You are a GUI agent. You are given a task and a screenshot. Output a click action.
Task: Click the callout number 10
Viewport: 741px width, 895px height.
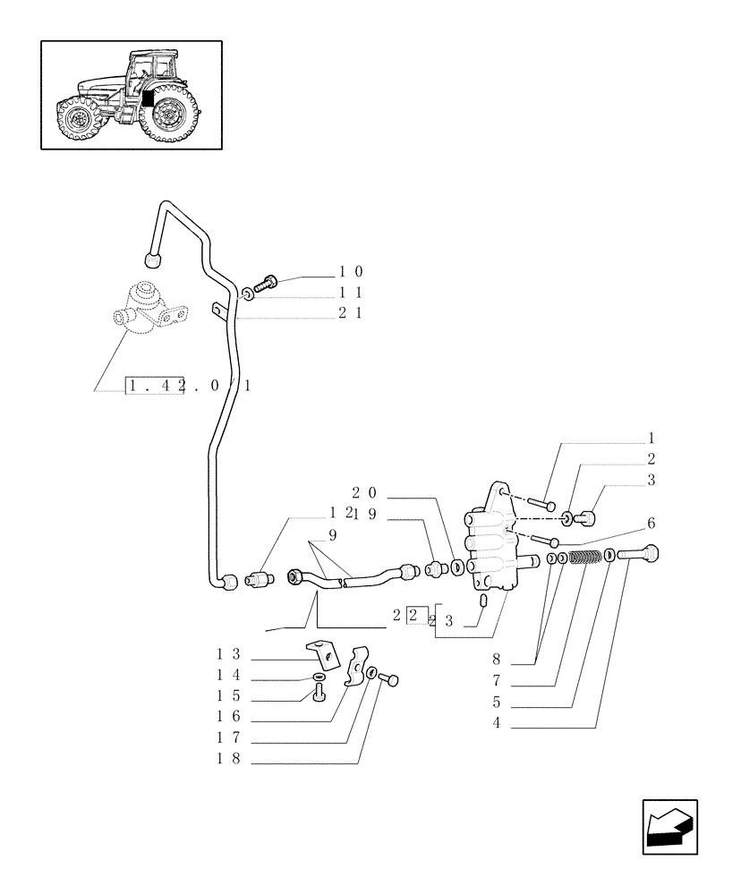click(350, 271)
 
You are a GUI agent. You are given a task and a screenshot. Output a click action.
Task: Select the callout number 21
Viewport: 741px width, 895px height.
click(350, 314)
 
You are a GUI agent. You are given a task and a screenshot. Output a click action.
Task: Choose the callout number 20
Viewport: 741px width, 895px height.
click(362, 492)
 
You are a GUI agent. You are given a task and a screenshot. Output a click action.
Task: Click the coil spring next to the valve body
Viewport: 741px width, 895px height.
click(583, 558)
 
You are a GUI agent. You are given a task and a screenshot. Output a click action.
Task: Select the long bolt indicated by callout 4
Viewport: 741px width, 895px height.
click(637, 554)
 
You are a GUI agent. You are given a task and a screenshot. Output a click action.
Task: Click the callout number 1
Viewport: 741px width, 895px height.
click(652, 439)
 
